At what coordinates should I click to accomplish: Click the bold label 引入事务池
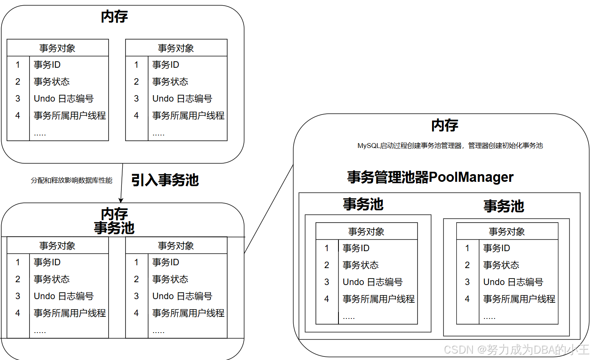pyautogui.click(x=165, y=180)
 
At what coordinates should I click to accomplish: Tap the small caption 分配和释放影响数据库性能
pyautogui.click(x=71, y=180)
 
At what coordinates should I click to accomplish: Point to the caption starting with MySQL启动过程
pyautogui.click(x=450, y=146)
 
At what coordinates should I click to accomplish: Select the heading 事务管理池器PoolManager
pyautogui.click(x=430, y=177)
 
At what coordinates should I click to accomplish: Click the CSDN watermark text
pyautogui.click(x=516, y=349)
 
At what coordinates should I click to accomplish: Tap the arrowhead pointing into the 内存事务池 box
pyautogui.click(x=121, y=200)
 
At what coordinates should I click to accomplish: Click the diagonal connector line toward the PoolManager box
pyautogui.click(x=268, y=210)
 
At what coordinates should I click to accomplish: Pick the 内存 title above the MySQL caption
pyautogui.click(x=445, y=125)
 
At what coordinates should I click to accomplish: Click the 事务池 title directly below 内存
pyautogui.click(x=114, y=228)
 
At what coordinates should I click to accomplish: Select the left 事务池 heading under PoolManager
pyautogui.click(x=363, y=204)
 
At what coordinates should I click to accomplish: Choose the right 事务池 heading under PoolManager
pyautogui.click(x=503, y=206)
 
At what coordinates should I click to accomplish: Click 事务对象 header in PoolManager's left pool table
pyautogui.click(x=366, y=231)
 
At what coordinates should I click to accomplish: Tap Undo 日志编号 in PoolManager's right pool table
pyautogui.click(x=513, y=282)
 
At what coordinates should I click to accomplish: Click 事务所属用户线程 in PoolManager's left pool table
pyautogui.click(x=378, y=299)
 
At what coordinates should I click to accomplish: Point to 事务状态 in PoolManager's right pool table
pyautogui.click(x=501, y=265)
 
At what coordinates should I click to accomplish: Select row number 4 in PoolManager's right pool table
pyautogui.click(x=467, y=299)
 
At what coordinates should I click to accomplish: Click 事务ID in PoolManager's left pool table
pyautogui.click(x=356, y=248)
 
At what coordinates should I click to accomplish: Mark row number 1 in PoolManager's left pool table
pyautogui.click(x=327, y=248)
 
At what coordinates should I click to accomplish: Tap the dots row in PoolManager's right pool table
pyautogui.click(x=489, y=317)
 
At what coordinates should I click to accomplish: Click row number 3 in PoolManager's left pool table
pyautogui.click(x=327, y=282)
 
